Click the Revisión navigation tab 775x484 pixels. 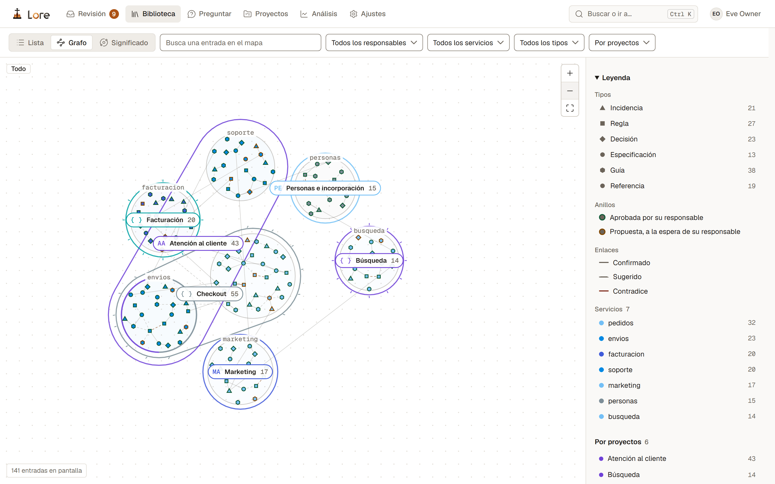click(x=92, y=14)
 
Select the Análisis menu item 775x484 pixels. click(x=319, y=14)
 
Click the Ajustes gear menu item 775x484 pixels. click(x=368, y=14)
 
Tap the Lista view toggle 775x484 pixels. click(x=30, y=42)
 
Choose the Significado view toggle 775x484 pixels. click(x=124, y=42)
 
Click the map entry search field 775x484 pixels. click(x=240, y=42)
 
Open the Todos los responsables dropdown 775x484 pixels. click(x=374, y=42)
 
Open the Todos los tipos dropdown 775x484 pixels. click(x=549, y=42)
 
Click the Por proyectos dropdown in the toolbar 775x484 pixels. click(x=622, y=42)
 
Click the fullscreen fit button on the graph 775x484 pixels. click(x=570, y=108)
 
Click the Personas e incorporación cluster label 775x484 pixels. click(x=325, y=188)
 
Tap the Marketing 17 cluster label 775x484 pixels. click(x=240, y=372)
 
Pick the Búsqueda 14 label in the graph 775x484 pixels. click(x=369, y=261)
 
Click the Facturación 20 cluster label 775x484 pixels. click(x=163, y=220)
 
